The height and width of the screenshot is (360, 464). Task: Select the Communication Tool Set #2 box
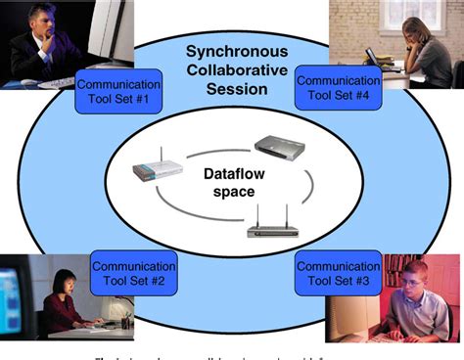(x=133, y=273)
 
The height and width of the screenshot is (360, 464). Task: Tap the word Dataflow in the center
(x=232, y=174)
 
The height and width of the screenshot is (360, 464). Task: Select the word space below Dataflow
(x=232, y=192)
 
